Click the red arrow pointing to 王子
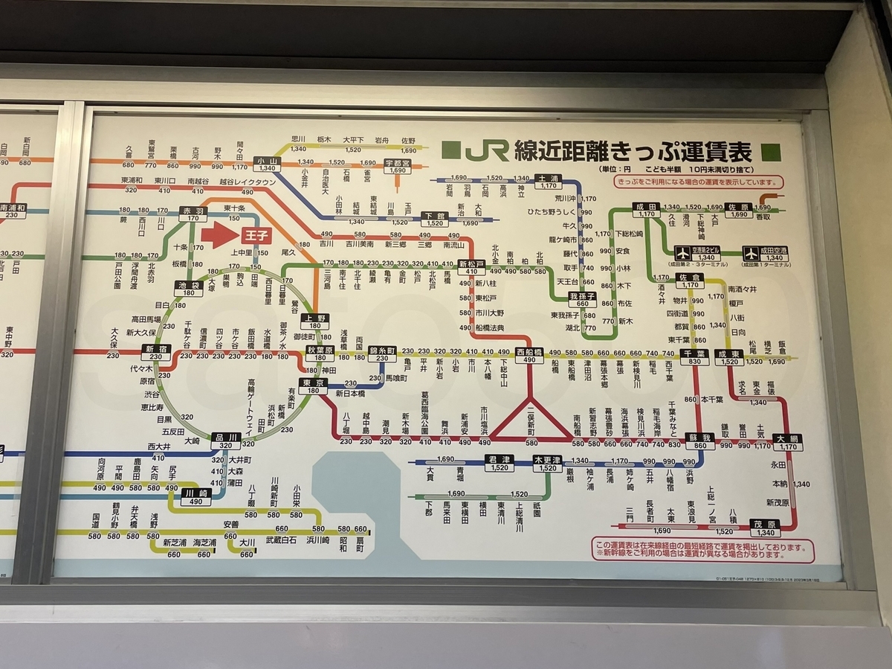[x=216, y=235]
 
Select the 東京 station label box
[x=312, y=386]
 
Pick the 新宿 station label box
[x=156, y=352]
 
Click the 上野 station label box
[x=315, y=321]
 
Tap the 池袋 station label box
[x=189, y=289]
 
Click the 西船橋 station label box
[x=529, y=355]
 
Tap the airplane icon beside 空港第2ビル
[x=681, y=252]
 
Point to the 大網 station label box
[x=786, y=442]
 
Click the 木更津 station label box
[x=547, y=463]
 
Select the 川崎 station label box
[x=195, y=496]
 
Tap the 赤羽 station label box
[x=193, y=214]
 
